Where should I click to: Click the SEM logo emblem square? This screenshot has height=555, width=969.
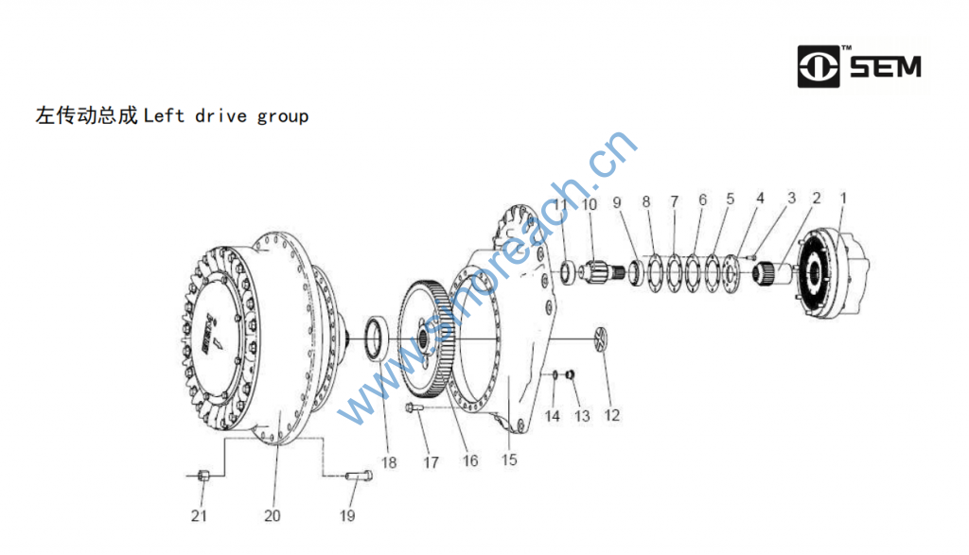(x=819, y=66)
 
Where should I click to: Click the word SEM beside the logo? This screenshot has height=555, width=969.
(x=886, y=67)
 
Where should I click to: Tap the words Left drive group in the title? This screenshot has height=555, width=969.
(x=226, y=116)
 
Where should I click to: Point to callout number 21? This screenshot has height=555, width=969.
(x=199, y=515)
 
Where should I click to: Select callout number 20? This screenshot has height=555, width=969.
(x=273, y=515)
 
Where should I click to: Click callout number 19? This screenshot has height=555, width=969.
(x=347, y=515)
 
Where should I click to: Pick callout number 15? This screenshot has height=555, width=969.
(x=509, y=460)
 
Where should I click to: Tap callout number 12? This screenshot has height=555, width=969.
(x=612, y=415)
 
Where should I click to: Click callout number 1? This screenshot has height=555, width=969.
(x=843, y=199)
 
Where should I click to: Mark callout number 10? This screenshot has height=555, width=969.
(x=590, y=204)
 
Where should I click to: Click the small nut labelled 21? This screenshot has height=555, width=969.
(x=203, y=476)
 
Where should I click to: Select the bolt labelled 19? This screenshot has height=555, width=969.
(x=359, y=476)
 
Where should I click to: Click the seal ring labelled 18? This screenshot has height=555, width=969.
(x=377, y=338)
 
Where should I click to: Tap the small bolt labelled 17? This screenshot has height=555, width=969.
(x=414, y=408)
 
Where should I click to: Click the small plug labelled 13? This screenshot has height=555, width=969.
(x=571, y=373)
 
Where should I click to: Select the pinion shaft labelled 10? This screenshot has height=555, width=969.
(x=603, y=271)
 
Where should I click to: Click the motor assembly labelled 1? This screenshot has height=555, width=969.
(x=831, y=273)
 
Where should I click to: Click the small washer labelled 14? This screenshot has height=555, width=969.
(x=555, y=373)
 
